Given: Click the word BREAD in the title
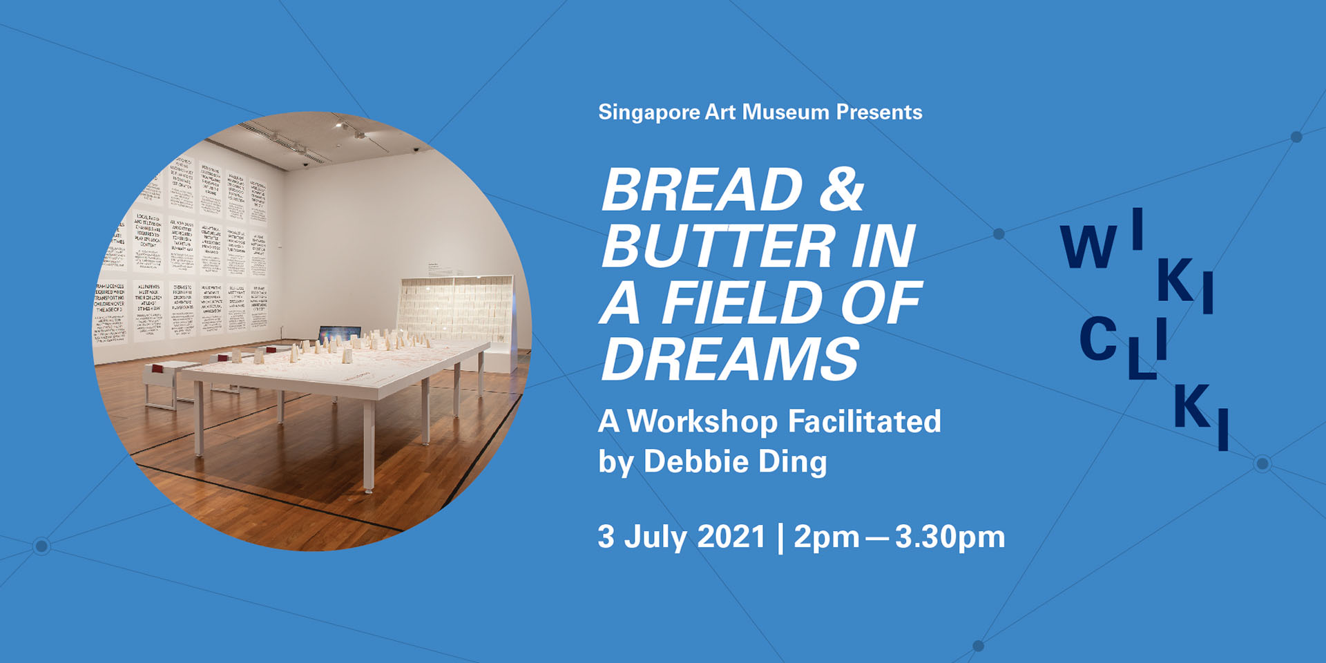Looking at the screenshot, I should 702,190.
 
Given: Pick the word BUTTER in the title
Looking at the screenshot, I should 718,247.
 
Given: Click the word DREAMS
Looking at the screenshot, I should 730,359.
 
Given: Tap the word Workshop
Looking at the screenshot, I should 702,421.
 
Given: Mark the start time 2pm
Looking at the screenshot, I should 826,538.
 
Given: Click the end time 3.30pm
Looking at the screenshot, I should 950,538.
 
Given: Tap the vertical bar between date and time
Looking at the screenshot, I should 780,537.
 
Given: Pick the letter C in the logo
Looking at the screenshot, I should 1097,340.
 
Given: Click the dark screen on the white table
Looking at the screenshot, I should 338,334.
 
